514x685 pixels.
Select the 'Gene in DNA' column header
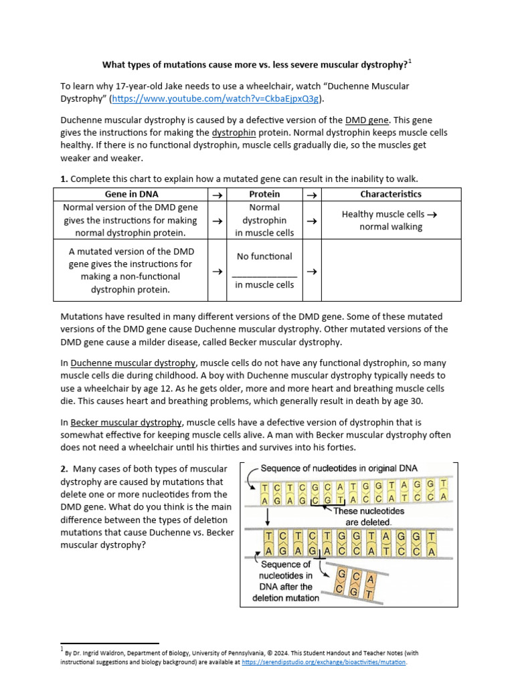[131, 194]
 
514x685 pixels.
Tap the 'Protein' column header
[264, 194]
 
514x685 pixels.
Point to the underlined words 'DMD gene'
[367, 120]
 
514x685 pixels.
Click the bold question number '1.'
[64, 179]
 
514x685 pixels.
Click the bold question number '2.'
[64, 469]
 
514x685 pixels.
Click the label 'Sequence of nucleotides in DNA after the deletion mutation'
[286, 581]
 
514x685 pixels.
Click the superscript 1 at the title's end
[410, 62]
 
